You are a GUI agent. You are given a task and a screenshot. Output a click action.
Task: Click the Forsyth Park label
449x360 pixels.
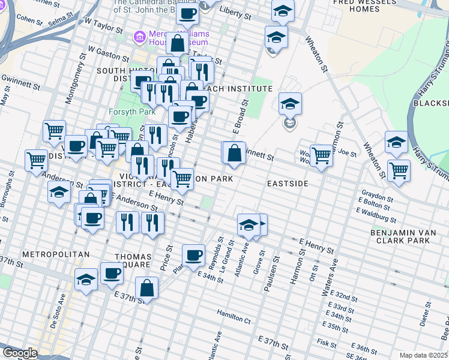pos(131,112)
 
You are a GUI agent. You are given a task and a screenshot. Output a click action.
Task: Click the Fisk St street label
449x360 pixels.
pos(327,343)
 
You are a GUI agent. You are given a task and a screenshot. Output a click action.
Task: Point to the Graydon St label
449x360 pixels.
pos(376,196)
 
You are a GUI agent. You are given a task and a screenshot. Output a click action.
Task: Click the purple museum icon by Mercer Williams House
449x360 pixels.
pos(140,37)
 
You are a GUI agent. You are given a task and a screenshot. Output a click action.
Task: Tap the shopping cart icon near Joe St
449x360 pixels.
pos(322,155)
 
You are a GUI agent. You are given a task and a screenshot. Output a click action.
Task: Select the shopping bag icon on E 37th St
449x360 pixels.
pos(146,288)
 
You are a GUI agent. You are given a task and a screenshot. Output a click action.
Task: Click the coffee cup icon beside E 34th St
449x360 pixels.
pos(193,255)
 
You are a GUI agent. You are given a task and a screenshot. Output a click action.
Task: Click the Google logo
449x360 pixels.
pos(20,353)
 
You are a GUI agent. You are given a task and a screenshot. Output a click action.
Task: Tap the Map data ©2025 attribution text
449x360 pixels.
pos(423,355)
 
